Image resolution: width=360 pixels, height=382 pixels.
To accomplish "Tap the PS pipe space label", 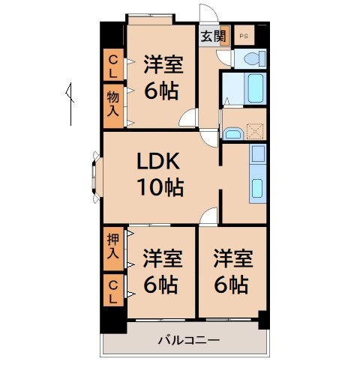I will [244, 35].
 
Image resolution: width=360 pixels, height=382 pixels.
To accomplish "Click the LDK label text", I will [158, 163].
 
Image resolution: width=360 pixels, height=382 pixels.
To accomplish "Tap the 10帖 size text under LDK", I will [159, 187].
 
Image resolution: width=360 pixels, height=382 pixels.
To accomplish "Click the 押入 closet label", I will [113, 248].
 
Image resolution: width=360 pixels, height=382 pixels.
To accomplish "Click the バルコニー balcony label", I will [188, 341].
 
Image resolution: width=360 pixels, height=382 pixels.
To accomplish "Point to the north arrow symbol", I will [70, 101].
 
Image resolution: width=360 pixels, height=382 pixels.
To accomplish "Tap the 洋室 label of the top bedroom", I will [162, 64].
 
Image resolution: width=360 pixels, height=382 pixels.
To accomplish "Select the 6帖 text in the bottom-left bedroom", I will [160, 285].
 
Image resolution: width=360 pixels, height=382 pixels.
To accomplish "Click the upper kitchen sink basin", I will [257, 154].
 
